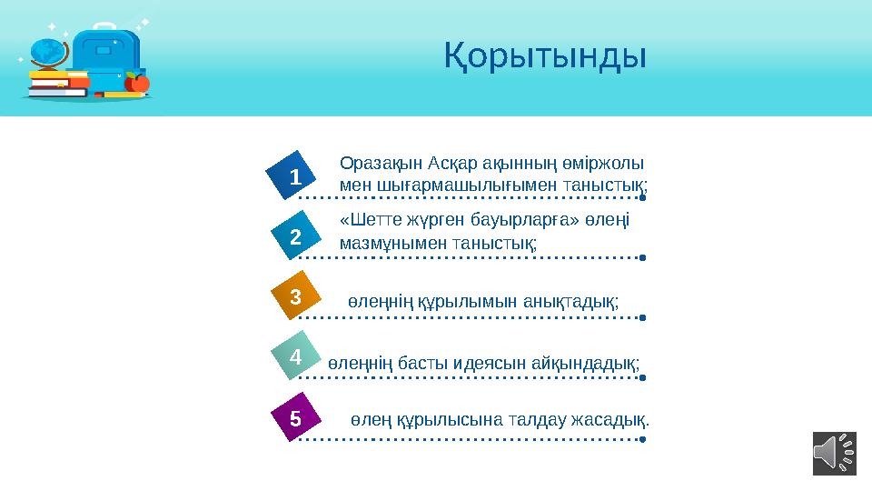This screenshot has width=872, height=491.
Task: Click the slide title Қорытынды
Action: coord(545,56)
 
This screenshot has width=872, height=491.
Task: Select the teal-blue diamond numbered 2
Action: coord(295,237)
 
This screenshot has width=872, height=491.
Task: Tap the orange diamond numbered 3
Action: coord(295,297)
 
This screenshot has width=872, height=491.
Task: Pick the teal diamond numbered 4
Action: coord(295,358)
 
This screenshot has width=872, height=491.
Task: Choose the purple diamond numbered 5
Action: coord(295,418)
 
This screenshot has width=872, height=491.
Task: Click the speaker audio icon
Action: coord(834,453)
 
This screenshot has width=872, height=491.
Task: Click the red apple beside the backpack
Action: coord(138,83)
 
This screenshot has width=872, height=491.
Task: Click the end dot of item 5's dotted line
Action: coord(642,439)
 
